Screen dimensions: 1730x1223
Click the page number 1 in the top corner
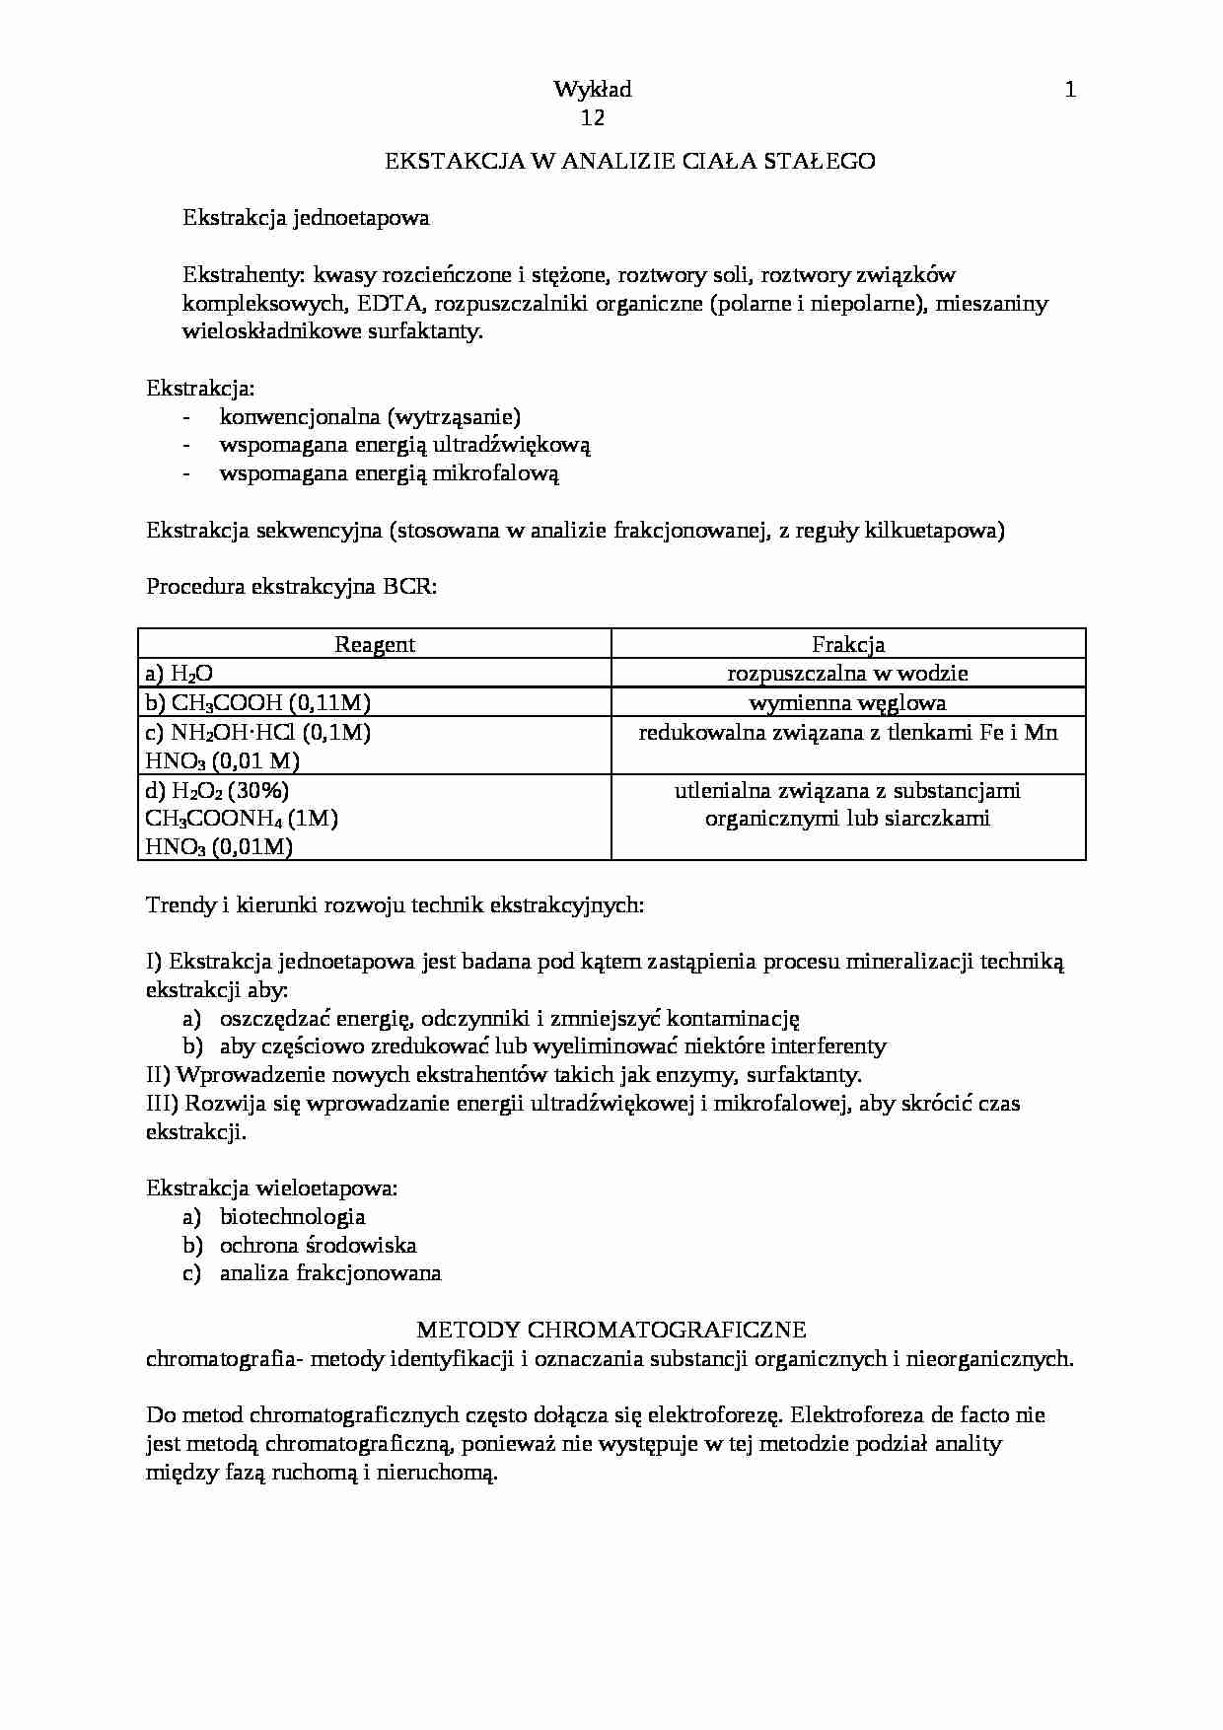point(1070,91)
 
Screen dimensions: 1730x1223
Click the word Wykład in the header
point(593,91)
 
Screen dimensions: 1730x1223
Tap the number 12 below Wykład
point(593,118)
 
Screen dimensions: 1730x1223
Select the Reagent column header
point(375,645)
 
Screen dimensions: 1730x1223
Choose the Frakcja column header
point(848,645)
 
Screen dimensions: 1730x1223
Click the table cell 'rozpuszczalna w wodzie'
point(847,674)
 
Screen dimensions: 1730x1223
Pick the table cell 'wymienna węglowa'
point(847,703)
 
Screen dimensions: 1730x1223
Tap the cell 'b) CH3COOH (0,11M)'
point(258,703)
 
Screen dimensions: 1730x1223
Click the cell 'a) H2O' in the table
point(179,675)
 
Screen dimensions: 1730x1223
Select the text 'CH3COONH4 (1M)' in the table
point(242,819)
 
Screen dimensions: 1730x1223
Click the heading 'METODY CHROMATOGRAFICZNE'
point(611,1330)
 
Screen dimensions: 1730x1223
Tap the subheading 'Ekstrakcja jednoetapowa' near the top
point(306,218)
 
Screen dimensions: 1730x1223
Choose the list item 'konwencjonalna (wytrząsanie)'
point(370,417)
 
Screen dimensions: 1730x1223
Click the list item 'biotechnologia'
point(292,1217)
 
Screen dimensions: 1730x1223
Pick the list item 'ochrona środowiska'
point(318,1245)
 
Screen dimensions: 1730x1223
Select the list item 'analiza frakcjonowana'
point(330,1273)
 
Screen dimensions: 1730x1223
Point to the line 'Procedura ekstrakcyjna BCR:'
point(291,587)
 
